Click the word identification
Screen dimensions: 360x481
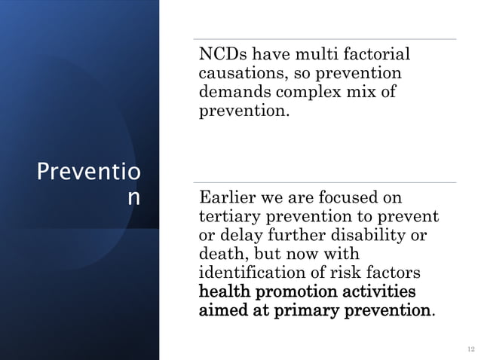point(256,273)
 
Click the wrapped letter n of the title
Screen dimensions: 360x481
point(133,198)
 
